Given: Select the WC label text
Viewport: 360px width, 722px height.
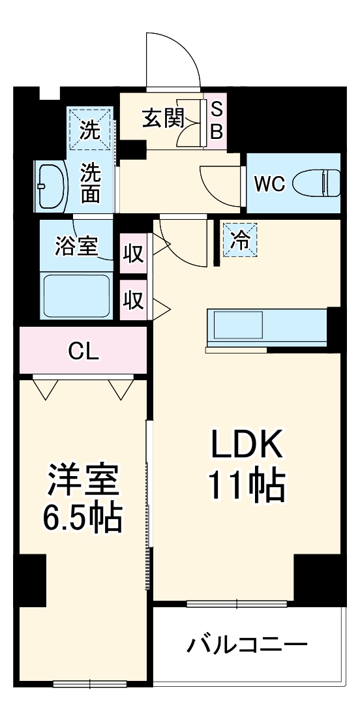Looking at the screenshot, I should click(269, 184).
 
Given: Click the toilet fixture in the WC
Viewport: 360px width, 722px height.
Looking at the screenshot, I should click(317, 183).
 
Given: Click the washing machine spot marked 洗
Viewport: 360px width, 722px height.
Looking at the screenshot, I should click(90, 130).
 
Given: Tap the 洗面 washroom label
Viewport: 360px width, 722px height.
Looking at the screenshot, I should click(91, 184).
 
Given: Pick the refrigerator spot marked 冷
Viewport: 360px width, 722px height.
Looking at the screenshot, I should click(240, 240).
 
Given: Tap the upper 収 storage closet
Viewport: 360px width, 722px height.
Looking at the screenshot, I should click(134, 253).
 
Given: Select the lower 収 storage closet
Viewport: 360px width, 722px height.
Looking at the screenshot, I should click(134, 300).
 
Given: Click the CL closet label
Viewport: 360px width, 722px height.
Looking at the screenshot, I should click(83, 352).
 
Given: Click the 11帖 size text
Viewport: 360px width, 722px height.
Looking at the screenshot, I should click(246, 486).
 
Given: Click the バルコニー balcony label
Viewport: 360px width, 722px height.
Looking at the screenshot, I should click(247, 646).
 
